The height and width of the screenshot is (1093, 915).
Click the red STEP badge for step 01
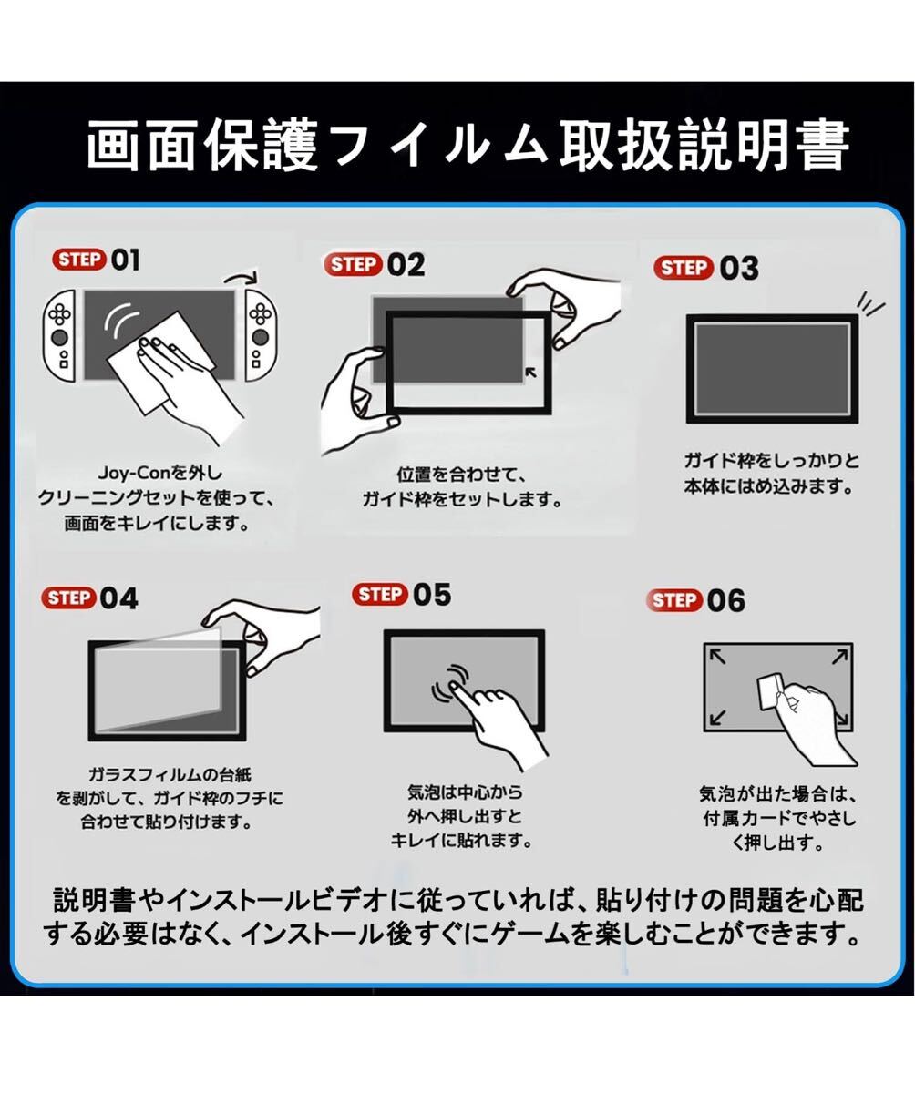pos(79,260)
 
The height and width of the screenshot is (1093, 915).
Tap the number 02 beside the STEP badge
pos(406,265)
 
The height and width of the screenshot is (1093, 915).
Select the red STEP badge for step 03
pos(684,268)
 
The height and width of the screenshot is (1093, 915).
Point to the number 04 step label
pos(118,598)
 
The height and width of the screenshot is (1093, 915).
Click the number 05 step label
pos(432,595)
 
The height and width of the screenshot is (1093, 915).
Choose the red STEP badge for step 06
pos(674,600)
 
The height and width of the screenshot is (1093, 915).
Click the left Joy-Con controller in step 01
pos(59,335)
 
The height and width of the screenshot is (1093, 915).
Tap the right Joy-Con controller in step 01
pos(261,335)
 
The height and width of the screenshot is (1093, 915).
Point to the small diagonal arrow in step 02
pos(531,373)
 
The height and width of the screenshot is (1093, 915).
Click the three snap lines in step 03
pos(870,303)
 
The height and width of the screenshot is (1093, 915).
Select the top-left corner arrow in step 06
pos(717,657)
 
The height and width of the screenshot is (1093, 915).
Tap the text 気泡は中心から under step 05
pos(465,792)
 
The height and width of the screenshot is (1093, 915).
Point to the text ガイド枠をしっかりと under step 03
pos(772,461)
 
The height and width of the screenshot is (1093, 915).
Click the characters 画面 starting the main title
pos(142,145)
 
